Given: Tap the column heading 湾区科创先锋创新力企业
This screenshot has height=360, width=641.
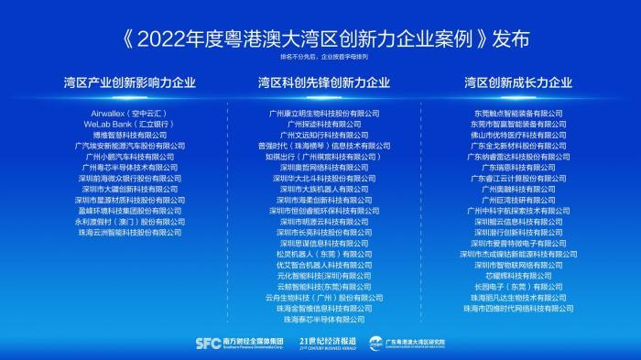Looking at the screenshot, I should coord(323,82).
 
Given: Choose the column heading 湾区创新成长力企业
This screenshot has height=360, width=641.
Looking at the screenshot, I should coord(518,82).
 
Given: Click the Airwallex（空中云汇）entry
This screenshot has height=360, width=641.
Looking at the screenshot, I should coord(128,113).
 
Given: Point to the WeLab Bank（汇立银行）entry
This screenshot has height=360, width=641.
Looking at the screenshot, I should coord(128,124).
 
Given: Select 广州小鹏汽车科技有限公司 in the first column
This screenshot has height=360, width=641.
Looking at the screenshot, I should coord(128,157).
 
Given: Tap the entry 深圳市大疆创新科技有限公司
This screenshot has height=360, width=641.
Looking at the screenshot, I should coord(128,189).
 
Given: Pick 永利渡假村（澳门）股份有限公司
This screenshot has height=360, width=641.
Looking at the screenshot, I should coord(128,222).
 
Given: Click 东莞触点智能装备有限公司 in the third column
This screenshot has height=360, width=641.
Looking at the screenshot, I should coord(518,113).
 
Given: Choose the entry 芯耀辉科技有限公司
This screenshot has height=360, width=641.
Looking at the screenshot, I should coord(518,276).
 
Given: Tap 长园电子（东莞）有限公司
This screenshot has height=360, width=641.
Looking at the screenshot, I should coord(518,287).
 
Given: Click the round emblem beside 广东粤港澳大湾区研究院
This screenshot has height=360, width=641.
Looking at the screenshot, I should coord(375,343).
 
